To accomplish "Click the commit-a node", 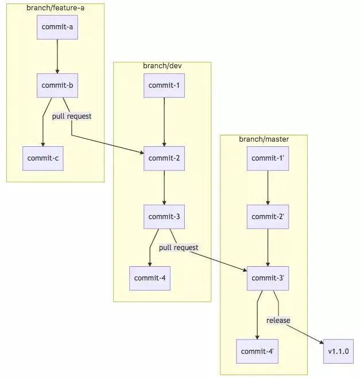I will pyautogui.click(x=57, y=28).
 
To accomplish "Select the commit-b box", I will pyautogui.click(x=57, y=85).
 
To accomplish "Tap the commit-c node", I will pyautogui.click(x=42, y=158).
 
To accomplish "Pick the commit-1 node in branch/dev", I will pyautogui.click(x=164, y=85).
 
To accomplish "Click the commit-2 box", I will pyautogui.click(x=164, y=158).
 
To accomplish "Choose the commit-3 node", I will pyautogui.click(x=164, y=216).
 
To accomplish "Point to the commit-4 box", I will pyautogui.click(x=150, y=278).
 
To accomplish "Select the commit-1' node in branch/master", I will pyautogui.click(x=268, y=158).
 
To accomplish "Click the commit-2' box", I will pyautogui.click(x=268, y=216).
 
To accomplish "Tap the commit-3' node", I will pyautogui.click(x=268, y=278).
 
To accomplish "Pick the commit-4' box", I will pyautogui.click(x=257, y=351).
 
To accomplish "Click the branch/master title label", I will pyautogui.click(x=264, y=139).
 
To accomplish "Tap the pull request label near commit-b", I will pyautogui.click(x=72, y=116).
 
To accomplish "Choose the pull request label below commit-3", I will pyautogui.click(x=179, y=247).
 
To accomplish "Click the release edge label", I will pyautogui.click(x=278, y=320).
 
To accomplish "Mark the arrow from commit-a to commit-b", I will pyautogui.click(x=57, y=56).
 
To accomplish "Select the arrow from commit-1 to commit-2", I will pyautogui.click(x=164, y=122).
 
